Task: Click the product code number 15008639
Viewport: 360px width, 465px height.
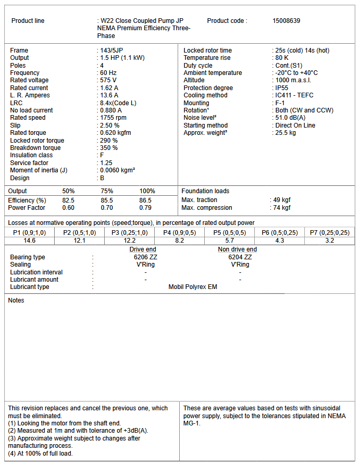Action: (287, 21)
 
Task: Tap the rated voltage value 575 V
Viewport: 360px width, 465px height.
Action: (108, 80)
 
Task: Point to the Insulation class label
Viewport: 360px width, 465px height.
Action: (31, 155)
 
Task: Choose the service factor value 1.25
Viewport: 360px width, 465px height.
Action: (106, 163)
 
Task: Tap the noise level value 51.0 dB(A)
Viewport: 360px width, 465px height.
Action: (290, 118)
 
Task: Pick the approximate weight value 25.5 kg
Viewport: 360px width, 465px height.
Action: (285, 133)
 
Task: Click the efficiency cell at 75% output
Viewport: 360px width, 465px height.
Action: (107, 200)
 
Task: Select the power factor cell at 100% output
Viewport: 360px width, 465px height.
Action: (145, 208)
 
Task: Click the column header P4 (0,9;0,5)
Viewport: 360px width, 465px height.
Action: (180, 233)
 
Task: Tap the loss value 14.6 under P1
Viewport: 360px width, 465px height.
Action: (30, 241)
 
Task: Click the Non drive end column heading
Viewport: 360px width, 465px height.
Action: (237, 249)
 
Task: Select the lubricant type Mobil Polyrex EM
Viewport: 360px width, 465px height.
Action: (193, 287)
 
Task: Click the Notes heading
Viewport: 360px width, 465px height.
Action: (16, 300)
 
